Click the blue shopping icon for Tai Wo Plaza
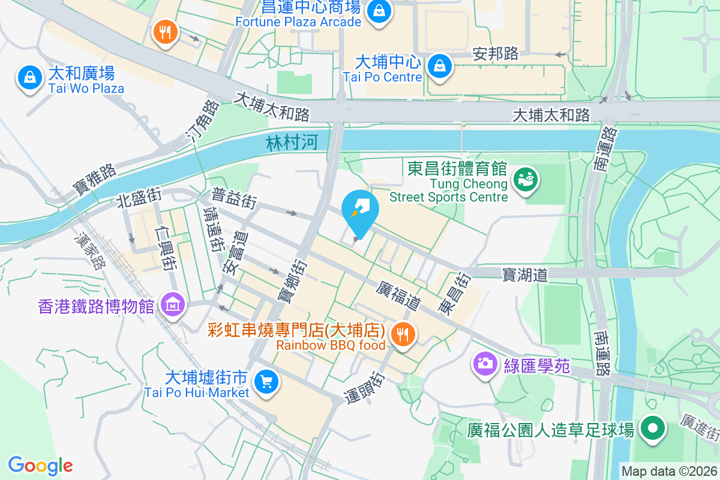(29, 77)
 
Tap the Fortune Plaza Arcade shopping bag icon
(379, 11)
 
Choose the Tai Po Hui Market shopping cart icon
(265, 382)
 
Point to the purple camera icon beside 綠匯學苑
(485, 363)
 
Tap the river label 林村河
(292, 143)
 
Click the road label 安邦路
(496, 54)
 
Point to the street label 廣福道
(397, 296)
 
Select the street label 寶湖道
(525, 275)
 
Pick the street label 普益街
(235, 198)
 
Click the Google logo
(40, 465)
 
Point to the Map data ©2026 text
(668, 471)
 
